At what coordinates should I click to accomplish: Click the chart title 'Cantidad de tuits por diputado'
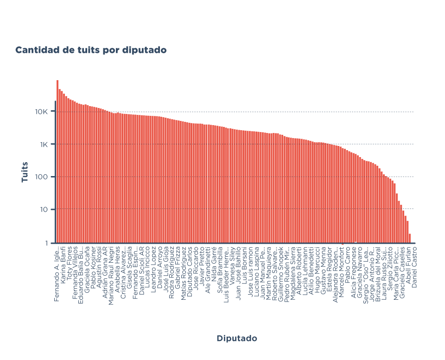(91, 50)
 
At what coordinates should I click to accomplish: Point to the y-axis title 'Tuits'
(25, 171)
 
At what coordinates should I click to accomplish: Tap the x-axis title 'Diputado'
(236, 338)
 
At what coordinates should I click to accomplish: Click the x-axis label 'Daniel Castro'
(414, 266)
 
